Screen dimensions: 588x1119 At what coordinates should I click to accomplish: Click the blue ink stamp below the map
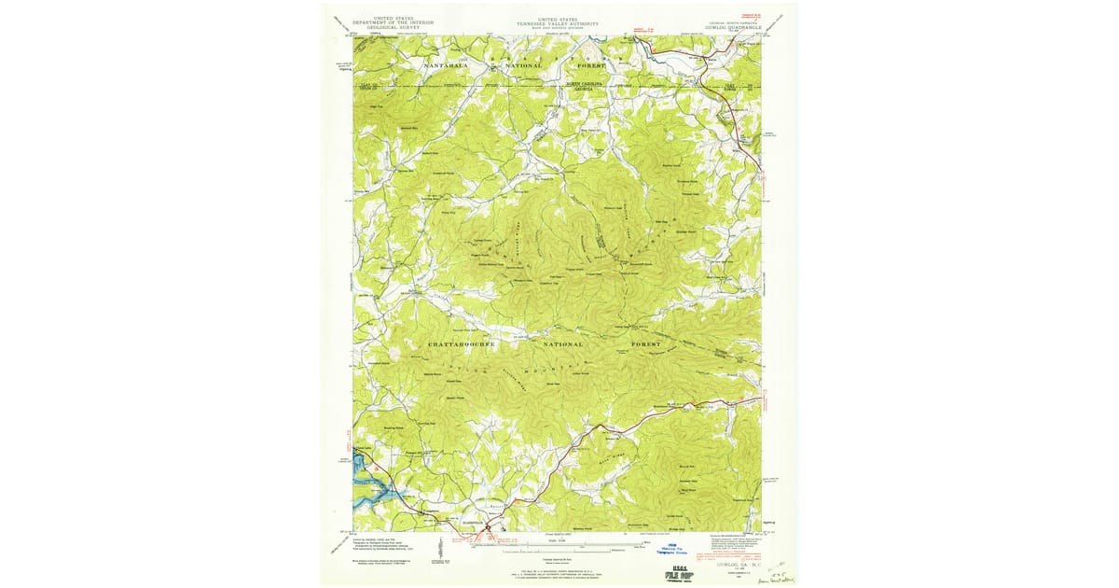(x=673, y=551)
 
